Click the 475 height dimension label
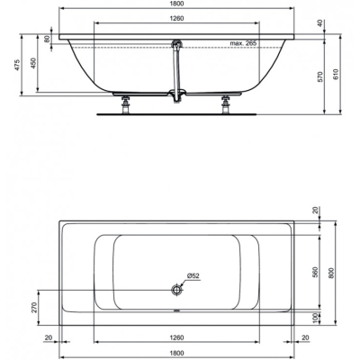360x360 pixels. (17, 65)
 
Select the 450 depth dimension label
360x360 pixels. (33, 63)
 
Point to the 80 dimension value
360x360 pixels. (47, 39)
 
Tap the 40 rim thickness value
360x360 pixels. (321, 23)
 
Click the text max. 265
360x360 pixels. (243, 43)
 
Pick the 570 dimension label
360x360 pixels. (319, 77)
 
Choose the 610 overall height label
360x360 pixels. (336, 74)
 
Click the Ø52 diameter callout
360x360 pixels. (193, 275)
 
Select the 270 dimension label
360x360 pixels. (34, 308)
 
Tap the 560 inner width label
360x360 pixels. (315, 272)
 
